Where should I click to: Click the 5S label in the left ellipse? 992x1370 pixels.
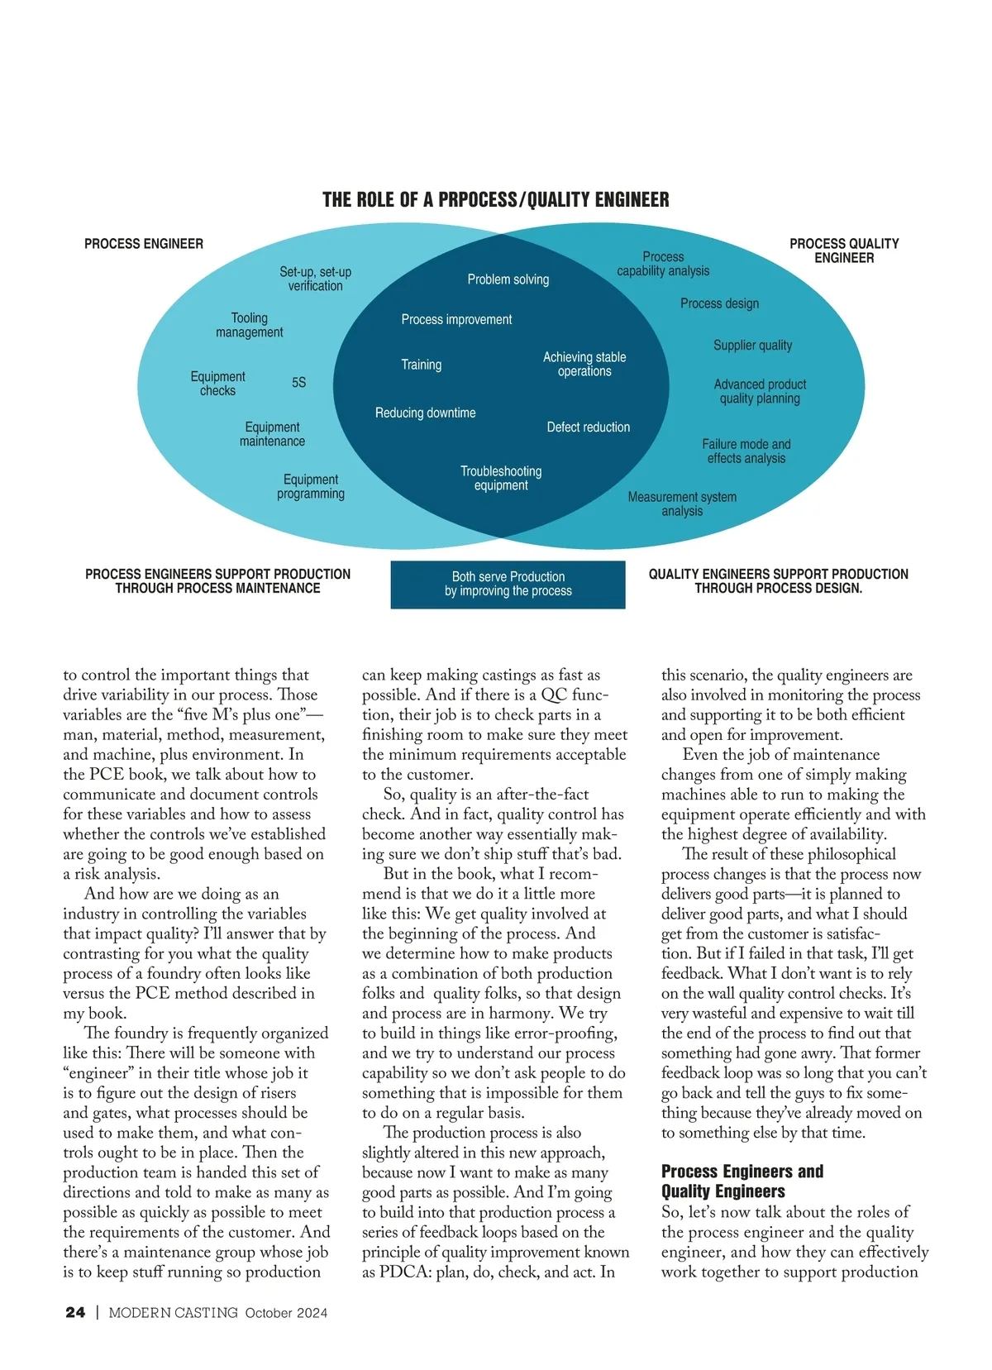point(298,383)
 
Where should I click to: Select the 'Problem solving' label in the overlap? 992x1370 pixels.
point(508,279)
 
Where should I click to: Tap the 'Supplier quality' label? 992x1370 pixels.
point(752,345)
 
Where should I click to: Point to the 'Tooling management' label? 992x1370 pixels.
point(249,325)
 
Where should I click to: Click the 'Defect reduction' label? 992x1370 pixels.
point(588,427)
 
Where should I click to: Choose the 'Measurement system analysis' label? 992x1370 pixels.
point(682,504)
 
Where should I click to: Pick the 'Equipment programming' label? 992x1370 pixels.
point(311,486)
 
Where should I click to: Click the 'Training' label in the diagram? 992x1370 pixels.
point(421,365)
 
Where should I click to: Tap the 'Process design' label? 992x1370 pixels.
point(719,303)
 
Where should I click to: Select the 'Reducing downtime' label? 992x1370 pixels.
point(425,413)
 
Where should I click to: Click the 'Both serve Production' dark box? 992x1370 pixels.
point(508,585)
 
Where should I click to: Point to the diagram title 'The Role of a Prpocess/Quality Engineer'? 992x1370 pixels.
point(496,200)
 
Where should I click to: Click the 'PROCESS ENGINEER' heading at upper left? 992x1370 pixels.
point(144,244)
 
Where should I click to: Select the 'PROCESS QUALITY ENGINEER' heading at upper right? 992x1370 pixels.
point(843,251)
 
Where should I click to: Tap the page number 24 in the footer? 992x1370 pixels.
point(75,1312)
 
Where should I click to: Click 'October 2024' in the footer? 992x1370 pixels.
point(286,1313)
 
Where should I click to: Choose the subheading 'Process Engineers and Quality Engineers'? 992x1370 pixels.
point(742,1181)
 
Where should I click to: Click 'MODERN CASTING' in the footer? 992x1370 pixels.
point(173,1313)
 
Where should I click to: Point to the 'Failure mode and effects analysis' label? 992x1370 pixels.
point(746,451)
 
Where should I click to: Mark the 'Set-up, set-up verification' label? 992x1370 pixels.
point(315,279)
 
